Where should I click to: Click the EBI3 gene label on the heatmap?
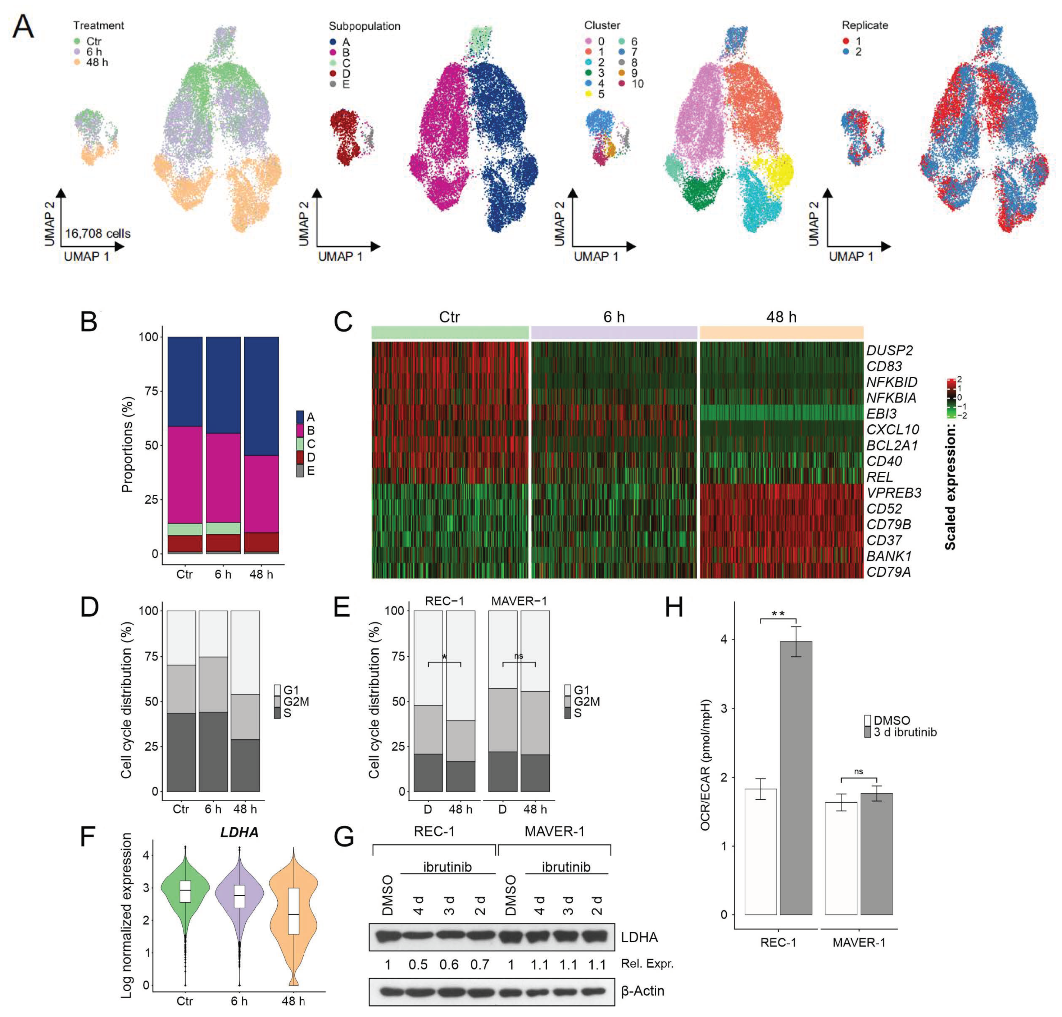click(x=881, y=414)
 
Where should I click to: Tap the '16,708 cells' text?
click(x=97, y=233)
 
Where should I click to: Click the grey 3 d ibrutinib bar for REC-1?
click(x=795, y=780)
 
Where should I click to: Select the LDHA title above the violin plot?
click(x=239, y=833)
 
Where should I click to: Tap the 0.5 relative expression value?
click(x=418, y=964)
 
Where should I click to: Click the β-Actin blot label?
click(x=643, y=991)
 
